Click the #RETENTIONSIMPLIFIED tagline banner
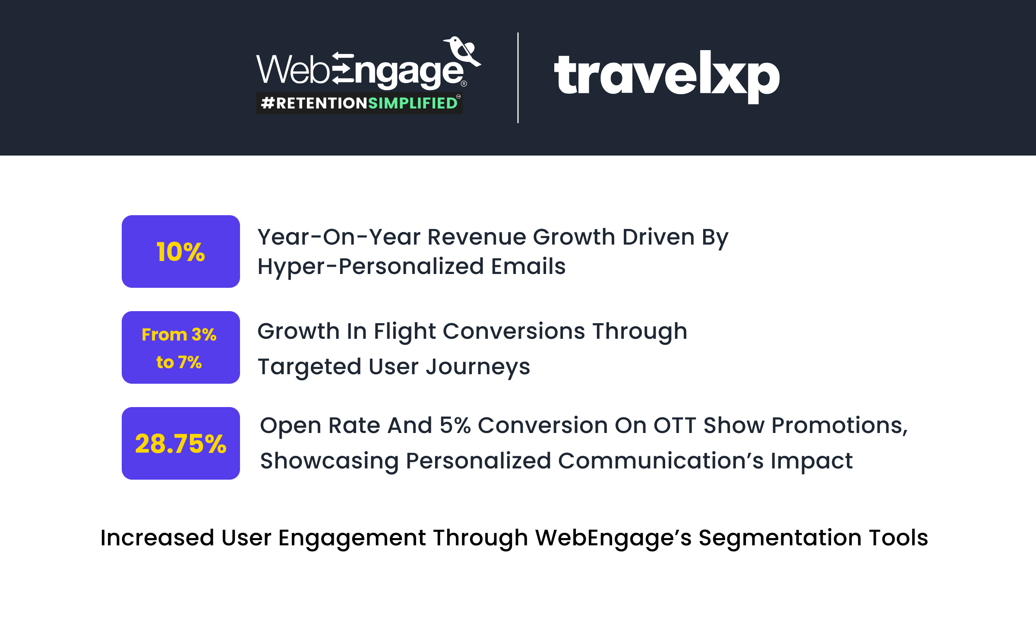point(359,103)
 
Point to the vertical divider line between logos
point(518,78)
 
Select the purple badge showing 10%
point(181,251)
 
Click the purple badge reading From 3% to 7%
point(181,347)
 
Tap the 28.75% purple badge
point(181,443)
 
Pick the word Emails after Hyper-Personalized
point(528,266)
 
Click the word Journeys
point(478,367)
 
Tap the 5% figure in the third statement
point(455,426)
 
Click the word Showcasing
point(329,462)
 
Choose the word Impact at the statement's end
point(812,462)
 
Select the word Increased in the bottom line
point(157,538)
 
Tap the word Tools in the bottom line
point(899,538)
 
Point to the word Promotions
point(840,426)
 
